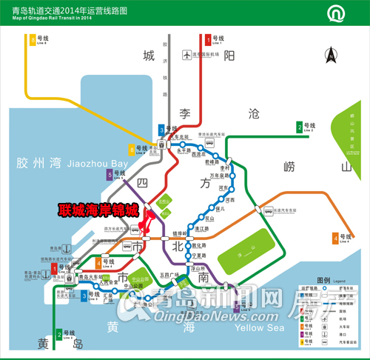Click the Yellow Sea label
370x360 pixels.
click(x=258, y=327)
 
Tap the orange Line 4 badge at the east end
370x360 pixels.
click(x=334, y=239)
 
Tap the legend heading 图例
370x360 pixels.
click(x=323, y=281)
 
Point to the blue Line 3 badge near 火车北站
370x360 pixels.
click(x=162, y=131)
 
